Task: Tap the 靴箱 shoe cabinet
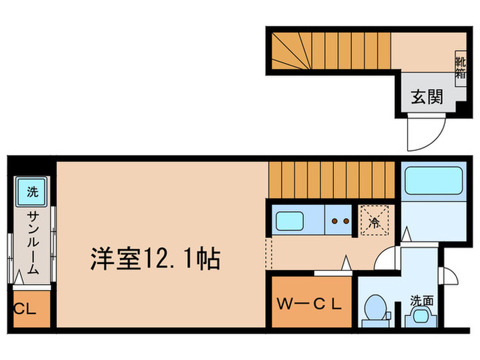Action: tap(459, 67)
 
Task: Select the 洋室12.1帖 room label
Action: tap(154, 259)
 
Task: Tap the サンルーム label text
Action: tap(32, 243)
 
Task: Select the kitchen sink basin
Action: tap(290, 221)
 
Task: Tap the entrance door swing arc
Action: tap(420, 134)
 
